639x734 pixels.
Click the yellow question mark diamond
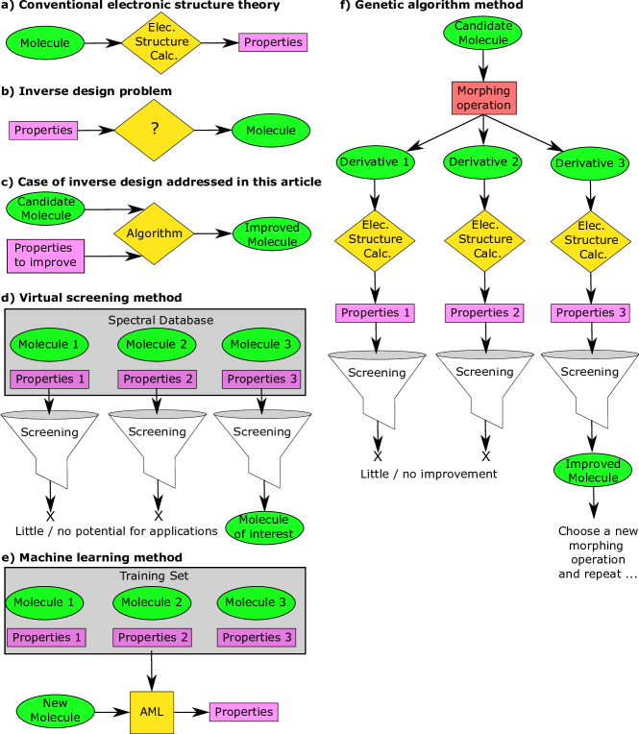[154, 130]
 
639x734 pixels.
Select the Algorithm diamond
[154, 233]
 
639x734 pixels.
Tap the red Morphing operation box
[483, 98]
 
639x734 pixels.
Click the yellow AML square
[152, 712]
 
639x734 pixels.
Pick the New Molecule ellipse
[55, 711]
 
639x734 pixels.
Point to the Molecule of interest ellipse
[264, 527]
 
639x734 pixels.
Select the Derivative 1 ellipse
[375, 162]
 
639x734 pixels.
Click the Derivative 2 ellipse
[483, 162]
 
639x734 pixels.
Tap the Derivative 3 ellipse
[590, 163]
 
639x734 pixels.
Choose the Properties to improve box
[45, 256]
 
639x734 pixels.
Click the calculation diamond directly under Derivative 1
[375, 240]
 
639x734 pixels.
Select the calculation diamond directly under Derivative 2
[484, 240]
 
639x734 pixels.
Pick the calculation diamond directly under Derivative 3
[590, 241]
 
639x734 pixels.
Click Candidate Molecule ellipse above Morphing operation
[482, 33]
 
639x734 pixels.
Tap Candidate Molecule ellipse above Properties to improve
[45, 208]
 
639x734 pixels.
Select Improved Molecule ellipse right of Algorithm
[272, 234]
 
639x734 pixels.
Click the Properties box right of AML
[243, 712]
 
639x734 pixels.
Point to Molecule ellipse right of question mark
[271, 131]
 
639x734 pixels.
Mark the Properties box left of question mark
[43, 131]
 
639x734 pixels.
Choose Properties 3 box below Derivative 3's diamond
[590, 313]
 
